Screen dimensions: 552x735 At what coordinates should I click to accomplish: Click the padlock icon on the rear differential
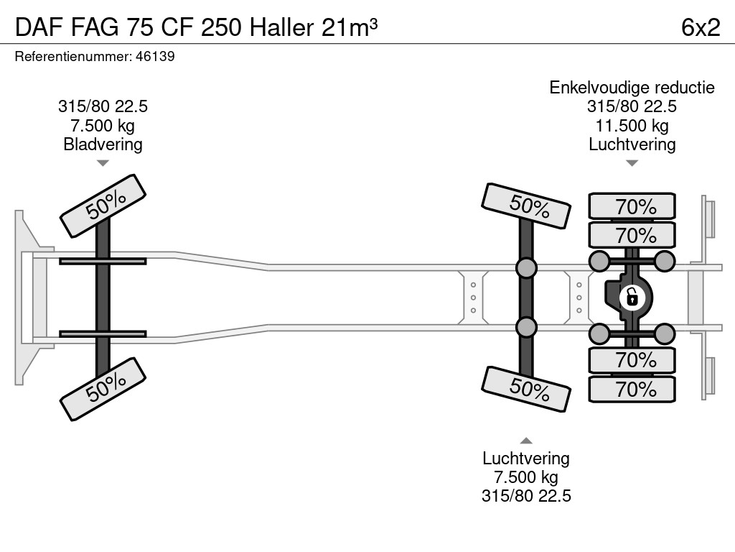click(x=632, y=296)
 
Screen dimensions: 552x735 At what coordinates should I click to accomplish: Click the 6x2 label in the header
click(x=700, y=27)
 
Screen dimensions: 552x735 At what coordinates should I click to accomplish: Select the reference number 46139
click(x=155, y=56)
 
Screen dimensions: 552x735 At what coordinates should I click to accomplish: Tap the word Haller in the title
click(x=281, y=27)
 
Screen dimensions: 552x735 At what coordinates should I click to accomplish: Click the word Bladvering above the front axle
click(x=103, y=144)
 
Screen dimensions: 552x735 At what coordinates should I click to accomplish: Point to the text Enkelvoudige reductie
click(x=632, y=88)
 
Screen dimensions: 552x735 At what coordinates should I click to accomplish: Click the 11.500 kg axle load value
click(x=632, y=126)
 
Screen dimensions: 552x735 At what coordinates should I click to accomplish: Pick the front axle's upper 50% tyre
click(x=103, y=206)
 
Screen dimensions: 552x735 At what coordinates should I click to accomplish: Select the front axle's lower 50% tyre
click(x=103, y=388)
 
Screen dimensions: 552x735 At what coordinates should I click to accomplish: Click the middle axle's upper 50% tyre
click(x=526, y=206)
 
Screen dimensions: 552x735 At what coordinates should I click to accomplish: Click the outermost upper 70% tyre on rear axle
click(x=632, y=206)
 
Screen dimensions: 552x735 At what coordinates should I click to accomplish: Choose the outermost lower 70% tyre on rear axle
click(x=632, y=390)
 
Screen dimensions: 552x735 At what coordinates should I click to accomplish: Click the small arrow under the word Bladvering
click(x=103, y=163)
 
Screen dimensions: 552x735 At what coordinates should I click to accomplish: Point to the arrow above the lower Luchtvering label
click(x=526, y=441)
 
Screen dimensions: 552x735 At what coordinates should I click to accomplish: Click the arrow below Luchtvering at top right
click(x=632, y=163)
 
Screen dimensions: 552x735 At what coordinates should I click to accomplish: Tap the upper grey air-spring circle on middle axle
click(x=526, y=268)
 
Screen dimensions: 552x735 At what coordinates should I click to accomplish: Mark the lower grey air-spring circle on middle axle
click(x=526, y=327)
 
